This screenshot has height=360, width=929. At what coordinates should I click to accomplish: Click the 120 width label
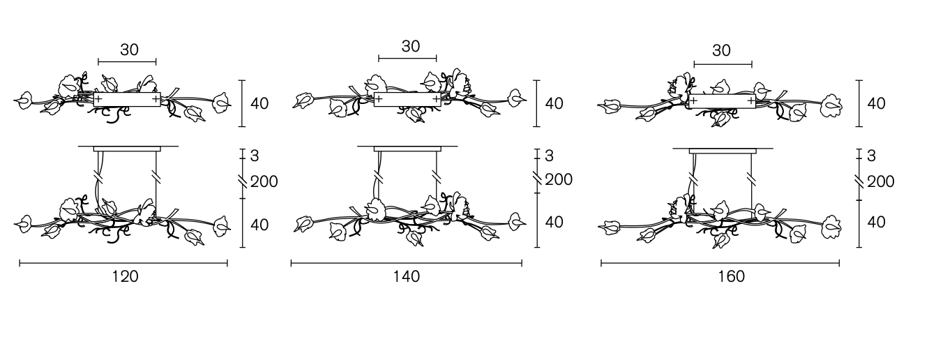[126, 276]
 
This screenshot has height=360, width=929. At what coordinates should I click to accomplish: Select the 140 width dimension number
[407, 276]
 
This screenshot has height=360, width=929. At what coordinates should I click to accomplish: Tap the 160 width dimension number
[732, 276]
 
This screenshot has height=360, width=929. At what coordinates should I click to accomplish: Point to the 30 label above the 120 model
[130, 50]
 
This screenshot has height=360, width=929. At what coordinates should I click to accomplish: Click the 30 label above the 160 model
[721, 51]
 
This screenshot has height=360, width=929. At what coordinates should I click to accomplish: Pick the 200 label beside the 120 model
[264, 181]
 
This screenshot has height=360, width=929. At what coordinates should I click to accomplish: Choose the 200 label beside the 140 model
[559, 179]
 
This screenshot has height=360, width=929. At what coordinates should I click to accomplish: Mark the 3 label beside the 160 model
[871, 156]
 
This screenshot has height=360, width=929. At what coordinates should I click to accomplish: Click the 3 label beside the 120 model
[255, 156]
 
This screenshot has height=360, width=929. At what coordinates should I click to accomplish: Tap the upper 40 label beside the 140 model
[554, 104]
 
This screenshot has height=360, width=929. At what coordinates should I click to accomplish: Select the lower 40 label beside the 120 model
[259, 225]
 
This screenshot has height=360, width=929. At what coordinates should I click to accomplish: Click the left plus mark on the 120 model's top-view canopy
[98, 99]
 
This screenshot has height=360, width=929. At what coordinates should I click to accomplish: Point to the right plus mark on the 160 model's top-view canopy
[751, 100]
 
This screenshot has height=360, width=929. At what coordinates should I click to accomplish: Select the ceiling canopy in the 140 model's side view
[407, 149]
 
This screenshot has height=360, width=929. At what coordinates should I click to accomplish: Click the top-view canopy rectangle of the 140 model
[407, 100]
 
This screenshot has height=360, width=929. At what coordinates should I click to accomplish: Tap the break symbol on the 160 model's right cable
[751, 179]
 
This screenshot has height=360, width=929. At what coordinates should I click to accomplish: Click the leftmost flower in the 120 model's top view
[24, 100]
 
